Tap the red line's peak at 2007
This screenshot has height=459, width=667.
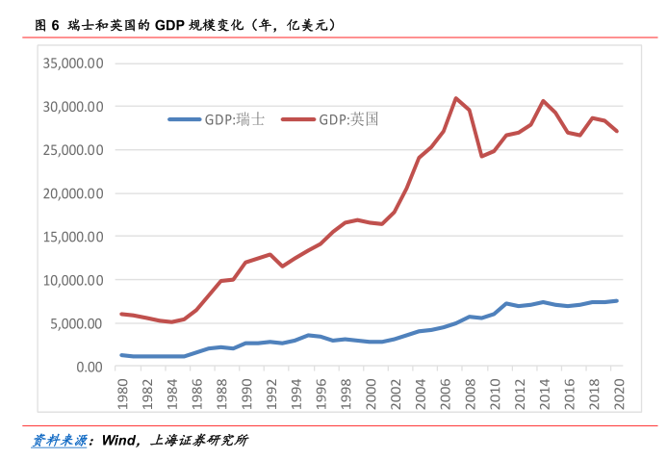pos(456,98)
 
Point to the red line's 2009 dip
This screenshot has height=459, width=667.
pos(481,156)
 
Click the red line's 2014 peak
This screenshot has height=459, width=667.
pos(543,101)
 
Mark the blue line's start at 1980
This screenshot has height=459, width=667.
pos(121,355)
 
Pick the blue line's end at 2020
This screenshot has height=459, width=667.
pos(617,301)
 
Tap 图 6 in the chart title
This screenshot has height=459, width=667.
pos(47,25)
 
